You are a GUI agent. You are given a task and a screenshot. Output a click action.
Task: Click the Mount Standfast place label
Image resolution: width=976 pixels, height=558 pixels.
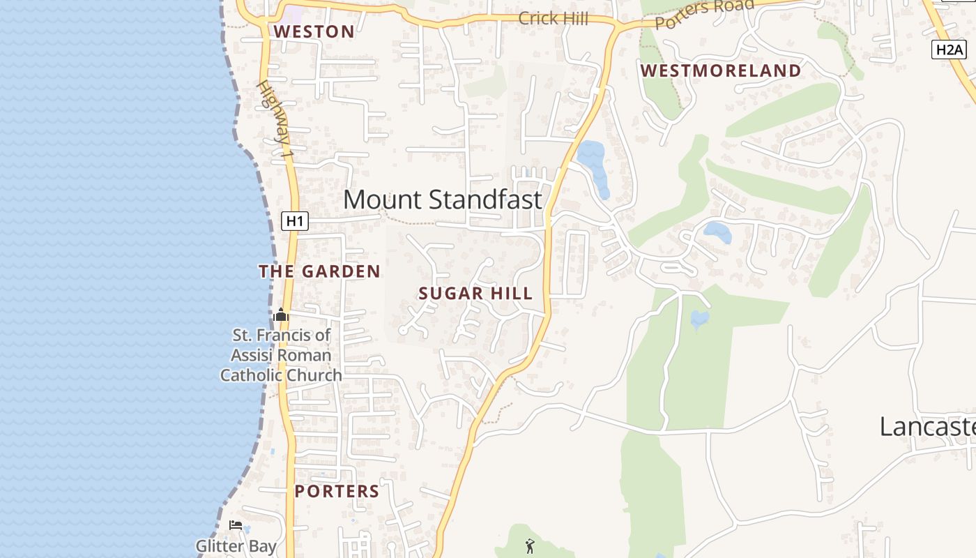442,199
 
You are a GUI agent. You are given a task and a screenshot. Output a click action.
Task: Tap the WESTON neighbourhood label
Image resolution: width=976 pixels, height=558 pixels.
314,31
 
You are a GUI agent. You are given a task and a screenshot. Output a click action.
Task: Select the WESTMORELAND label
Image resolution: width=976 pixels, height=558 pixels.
721,70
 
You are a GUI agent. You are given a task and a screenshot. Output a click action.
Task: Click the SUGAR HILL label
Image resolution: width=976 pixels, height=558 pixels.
475,294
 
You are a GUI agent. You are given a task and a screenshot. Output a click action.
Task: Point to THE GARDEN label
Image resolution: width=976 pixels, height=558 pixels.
320,271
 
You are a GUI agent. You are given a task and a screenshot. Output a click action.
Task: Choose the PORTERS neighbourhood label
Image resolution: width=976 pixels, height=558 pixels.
337,491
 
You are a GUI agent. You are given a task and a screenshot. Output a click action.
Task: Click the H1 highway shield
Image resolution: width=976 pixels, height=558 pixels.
295,221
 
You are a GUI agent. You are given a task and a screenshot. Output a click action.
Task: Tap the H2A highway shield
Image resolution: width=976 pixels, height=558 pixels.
949,50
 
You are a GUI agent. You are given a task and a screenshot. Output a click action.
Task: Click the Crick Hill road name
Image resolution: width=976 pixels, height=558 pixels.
553,19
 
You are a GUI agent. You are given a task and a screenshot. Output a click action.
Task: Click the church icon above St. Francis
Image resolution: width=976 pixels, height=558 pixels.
281,315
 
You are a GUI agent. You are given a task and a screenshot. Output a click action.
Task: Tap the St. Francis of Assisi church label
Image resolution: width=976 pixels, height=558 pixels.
281,355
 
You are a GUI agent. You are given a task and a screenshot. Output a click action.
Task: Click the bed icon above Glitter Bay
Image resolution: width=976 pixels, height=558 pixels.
236,525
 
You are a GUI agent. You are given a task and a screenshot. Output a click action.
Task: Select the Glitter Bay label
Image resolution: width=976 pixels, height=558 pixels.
236,546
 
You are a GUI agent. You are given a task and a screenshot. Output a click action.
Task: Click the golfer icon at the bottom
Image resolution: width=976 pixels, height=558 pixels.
530,546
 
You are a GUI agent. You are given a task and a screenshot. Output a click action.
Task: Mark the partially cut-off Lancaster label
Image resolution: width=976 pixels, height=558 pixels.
927,426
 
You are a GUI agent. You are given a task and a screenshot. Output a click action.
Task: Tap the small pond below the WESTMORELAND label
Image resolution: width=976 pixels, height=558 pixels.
718,232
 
